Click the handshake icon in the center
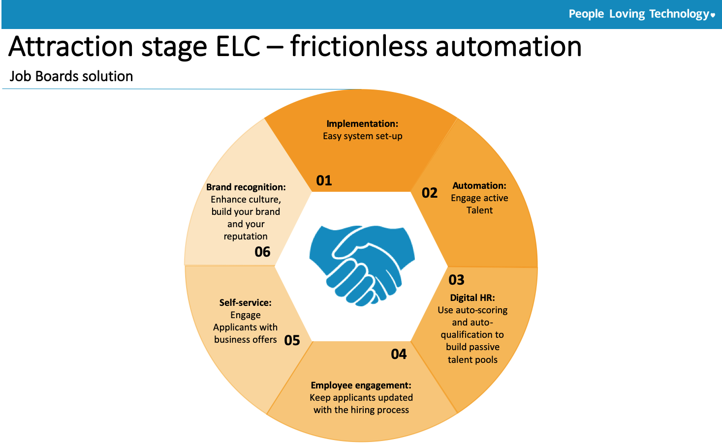click(362, 266)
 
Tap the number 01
click(324, 180)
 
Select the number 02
click(429, 193)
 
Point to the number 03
click(456, 280)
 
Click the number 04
click(399, 354)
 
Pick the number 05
click(292, 340)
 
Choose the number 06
click(262, 252)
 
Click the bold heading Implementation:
click(362, 124)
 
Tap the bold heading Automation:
click(479, 186)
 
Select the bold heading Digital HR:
click(472, 297)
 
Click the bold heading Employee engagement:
click(361, 386)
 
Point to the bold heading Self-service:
click(245, 303)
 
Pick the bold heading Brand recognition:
click(246, 187)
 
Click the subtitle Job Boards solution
click(71, 76)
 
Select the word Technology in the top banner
click(679, 14)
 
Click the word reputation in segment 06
click(246, 237)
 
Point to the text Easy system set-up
click(362, 136)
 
